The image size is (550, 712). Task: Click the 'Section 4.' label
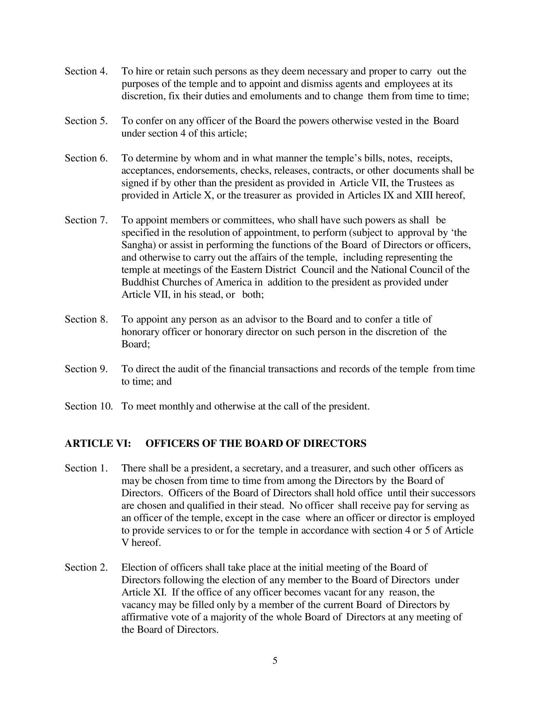(86, 72)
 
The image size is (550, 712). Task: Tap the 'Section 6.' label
(86, 158)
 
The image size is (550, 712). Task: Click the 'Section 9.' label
(86, 369)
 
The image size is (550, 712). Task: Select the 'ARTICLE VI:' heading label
(98, 444)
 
